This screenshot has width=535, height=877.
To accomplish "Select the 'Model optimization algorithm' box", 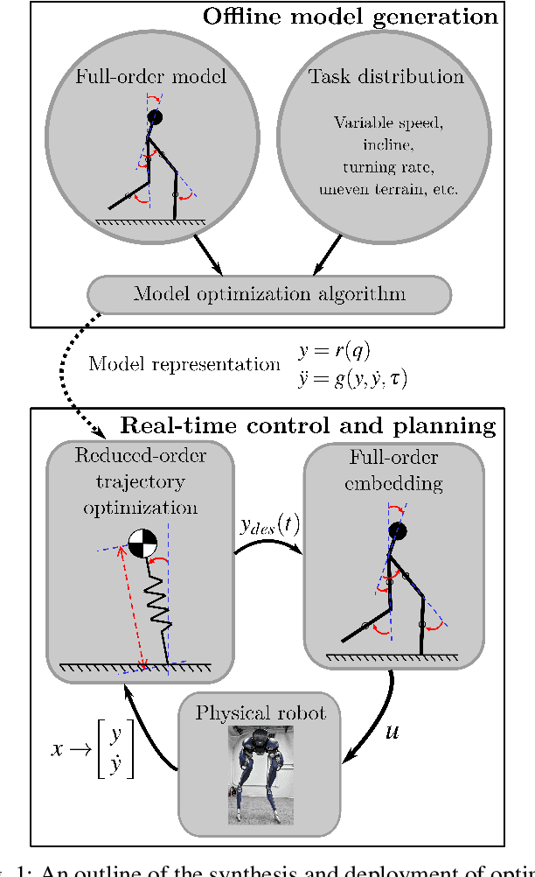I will click(x=269, y=293).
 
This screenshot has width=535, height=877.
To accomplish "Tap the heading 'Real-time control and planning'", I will click(x=308, y=426).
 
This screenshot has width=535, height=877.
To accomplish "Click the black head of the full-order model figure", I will click(x=155, y=116).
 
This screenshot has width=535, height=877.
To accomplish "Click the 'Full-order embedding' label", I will click(x=393, y=471).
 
